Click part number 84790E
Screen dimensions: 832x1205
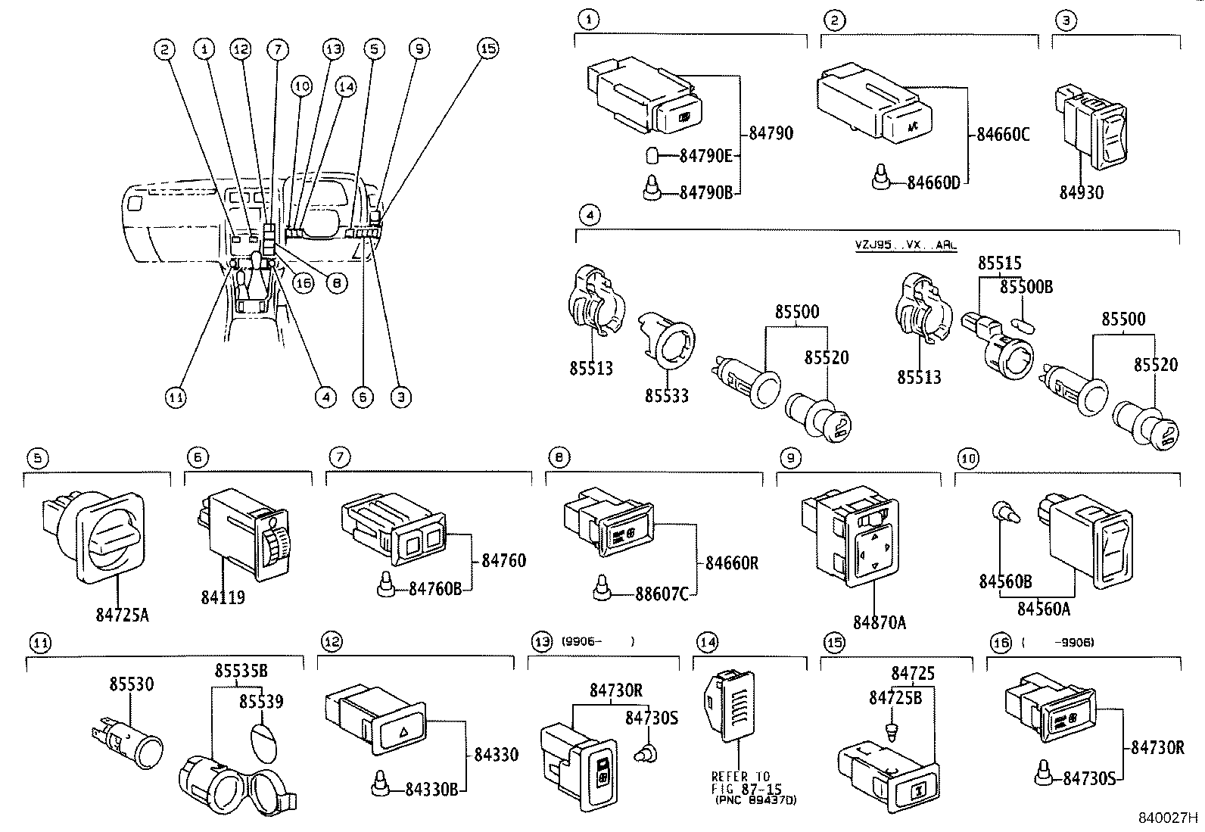(x=705, y=157)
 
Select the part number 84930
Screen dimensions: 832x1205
(x=1081, y=192)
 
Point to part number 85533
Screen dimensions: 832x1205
(x=667, y=395)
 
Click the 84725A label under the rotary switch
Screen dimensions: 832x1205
(x=122, y=615)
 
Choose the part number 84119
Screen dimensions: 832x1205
(x=223, y=598)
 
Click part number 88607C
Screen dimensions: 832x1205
(x=659, y=594)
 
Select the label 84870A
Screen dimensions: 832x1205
(x=879, y=622)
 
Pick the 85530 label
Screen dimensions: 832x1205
(x=129, y=684)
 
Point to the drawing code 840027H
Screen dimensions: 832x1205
(x=1169, y=818)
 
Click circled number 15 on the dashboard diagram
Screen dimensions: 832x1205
(x=488, y=48)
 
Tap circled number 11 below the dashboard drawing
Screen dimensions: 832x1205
(x=176, y=397)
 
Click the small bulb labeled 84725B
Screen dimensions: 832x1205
(x=890, y=731)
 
